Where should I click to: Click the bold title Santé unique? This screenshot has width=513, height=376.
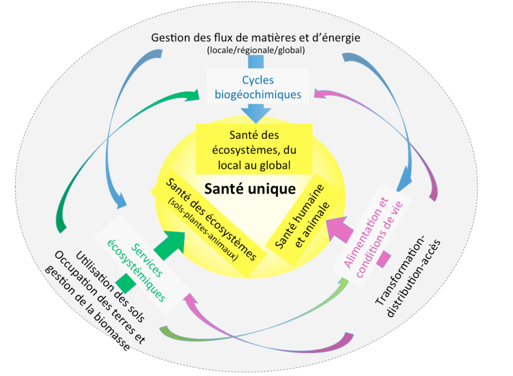tap(250, 189)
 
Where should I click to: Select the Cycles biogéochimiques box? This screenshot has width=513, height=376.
tap(258, 86)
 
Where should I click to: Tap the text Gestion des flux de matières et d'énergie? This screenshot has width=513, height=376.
tap(255, 38)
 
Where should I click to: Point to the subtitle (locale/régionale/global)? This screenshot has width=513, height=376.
tap(256, 50)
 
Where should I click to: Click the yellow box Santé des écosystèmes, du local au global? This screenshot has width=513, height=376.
tap(254, 149)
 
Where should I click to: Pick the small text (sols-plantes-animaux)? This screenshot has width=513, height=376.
tap(203, 229)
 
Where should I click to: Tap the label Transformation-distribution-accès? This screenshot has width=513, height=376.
tap(407, 277)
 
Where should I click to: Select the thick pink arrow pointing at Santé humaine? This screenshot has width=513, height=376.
tap(339, 229)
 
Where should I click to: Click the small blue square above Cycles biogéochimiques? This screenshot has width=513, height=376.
tap(256, 62)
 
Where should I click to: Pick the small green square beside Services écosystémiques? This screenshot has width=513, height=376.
tap(126, 283)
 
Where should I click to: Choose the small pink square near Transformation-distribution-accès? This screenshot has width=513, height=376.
tap(383, 259)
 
